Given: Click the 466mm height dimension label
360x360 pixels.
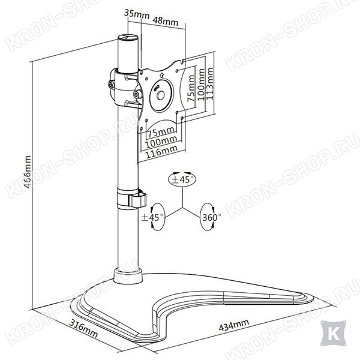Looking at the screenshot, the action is [x=28, y=172].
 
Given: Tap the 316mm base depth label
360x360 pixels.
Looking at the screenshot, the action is [x=83, y=328].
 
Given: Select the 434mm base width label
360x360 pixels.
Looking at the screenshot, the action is [x=234, y=325].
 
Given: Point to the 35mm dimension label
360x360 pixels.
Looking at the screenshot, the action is [x=137, y=14].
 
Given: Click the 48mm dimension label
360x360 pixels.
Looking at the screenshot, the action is [x=166, y=20].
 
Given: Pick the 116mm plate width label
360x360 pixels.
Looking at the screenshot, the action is [x=161, y=152].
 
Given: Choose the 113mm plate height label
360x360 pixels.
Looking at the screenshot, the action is [x=210, y=84].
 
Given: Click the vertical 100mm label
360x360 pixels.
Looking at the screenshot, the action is [x=201, y=84].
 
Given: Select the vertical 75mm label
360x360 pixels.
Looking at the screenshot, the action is [x=191, y=88].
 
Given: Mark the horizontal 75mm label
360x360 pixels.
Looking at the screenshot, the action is [x=161, y=132].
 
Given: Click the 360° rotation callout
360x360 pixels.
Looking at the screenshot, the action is [x=209, y=217].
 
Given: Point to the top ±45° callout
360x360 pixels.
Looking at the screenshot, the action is [x=182, y=179].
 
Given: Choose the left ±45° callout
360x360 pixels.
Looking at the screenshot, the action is [x=153, y=217].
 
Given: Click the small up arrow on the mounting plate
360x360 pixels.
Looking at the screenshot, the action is [x=161, y=75].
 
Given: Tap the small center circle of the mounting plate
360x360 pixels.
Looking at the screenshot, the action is [x=160, y=95].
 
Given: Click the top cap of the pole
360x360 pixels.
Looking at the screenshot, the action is [x=128, y=37].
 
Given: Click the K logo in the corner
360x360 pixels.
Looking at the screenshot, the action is [x=334, y=333].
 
